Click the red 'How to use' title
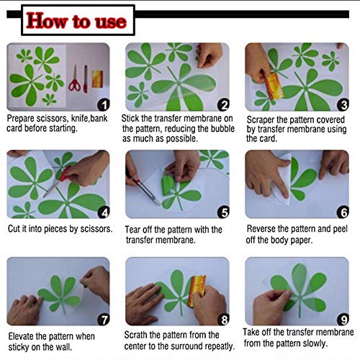pyautogui.click(x=76, y=21)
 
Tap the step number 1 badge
pyautogui.click(x=104, y=105)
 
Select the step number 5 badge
pyautogui.click(x=223, y=212)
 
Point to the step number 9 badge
pyautogui.click(x=343, y=320)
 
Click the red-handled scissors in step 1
pyautogui.click(x=74, y=80)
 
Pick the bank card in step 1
pyautogui.click(x=97, y=79)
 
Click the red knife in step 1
pyautogui.click(x=86, y=79)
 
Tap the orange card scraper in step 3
pyautogui.click(x=274, y=86)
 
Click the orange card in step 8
pyautogui.click(x=197, y=291)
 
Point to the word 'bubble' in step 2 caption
pyautogui.click(x=222, y=129)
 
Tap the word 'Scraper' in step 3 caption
pyautogui.click(x=261, y=120)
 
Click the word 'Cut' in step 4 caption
pyautogui.click(x=14, y=229)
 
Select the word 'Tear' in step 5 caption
pyautogui.click(x=132, y=230)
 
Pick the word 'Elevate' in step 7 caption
pyautogui.click(x=21, y=336)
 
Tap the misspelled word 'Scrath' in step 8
pyautogui.click(x=135, y=335)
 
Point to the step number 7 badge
pyautogui.click(x=104, y=320)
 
